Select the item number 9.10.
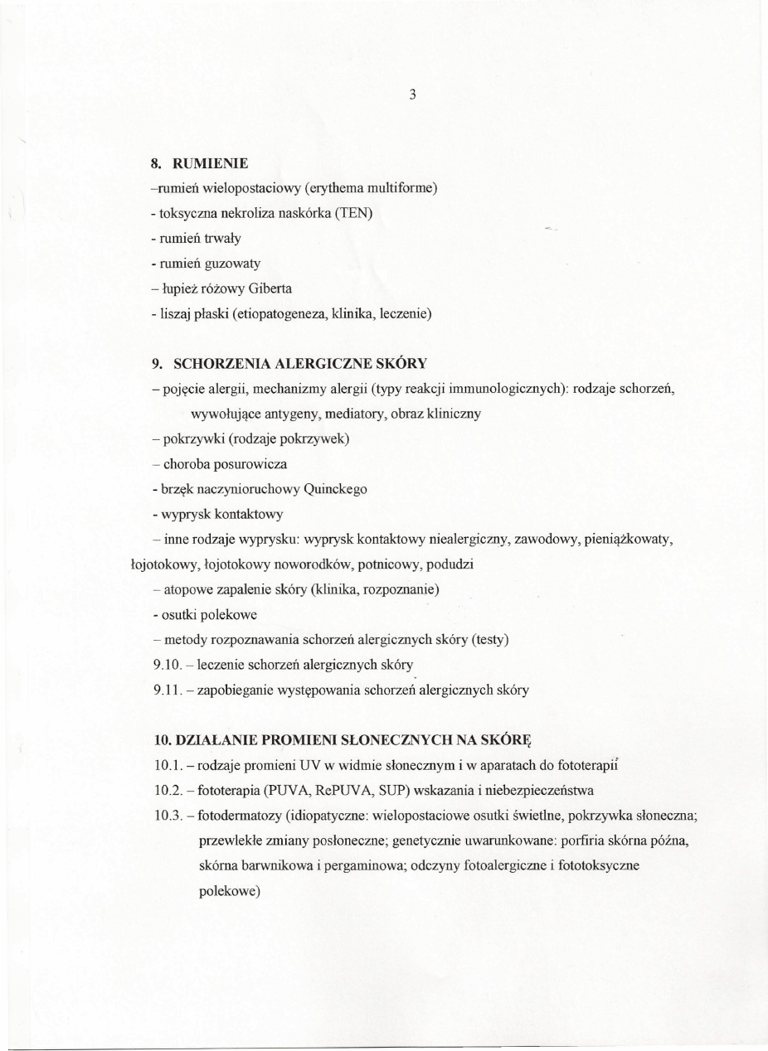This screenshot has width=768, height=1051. tap(169, 665)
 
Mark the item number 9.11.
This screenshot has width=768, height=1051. tap(169, 690)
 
